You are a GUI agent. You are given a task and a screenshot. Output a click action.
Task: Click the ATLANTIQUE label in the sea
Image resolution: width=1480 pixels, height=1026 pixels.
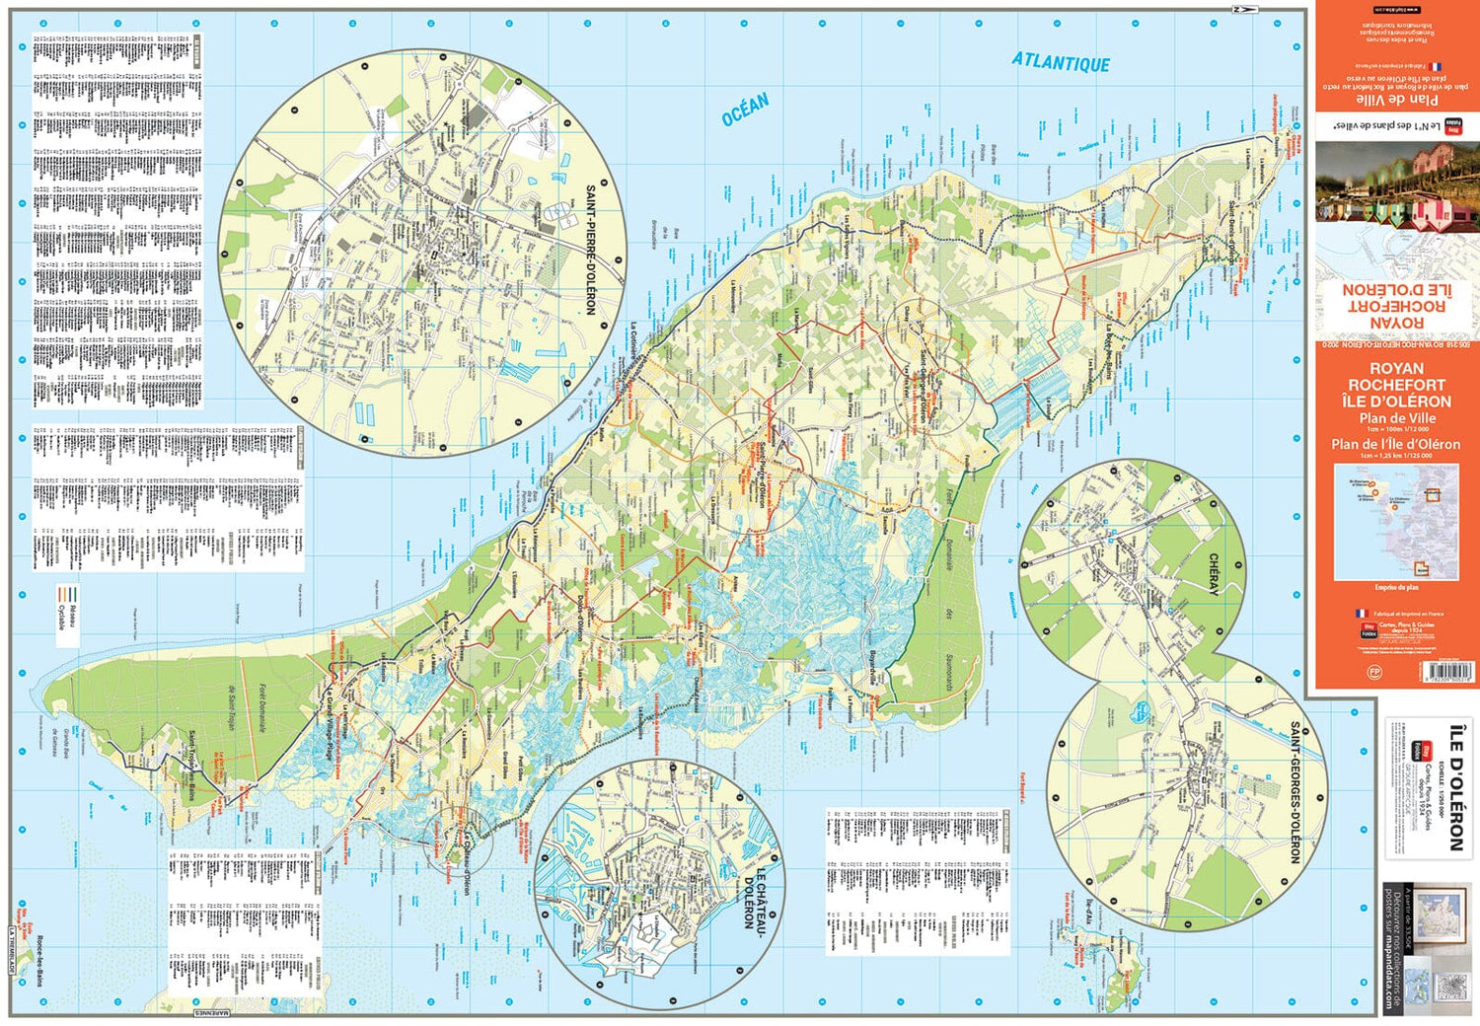pos(1061,62)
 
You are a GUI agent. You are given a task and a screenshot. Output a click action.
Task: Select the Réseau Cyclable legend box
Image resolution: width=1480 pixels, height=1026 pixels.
pos(67,612)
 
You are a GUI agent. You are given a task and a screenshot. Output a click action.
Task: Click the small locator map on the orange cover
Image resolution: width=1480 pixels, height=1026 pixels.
pos(1395,523)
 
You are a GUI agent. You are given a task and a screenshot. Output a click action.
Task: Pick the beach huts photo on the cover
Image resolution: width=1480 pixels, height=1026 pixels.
pos(1395,187)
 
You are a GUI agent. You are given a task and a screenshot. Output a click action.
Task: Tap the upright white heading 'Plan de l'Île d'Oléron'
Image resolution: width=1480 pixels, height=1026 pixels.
pos(1395,444)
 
